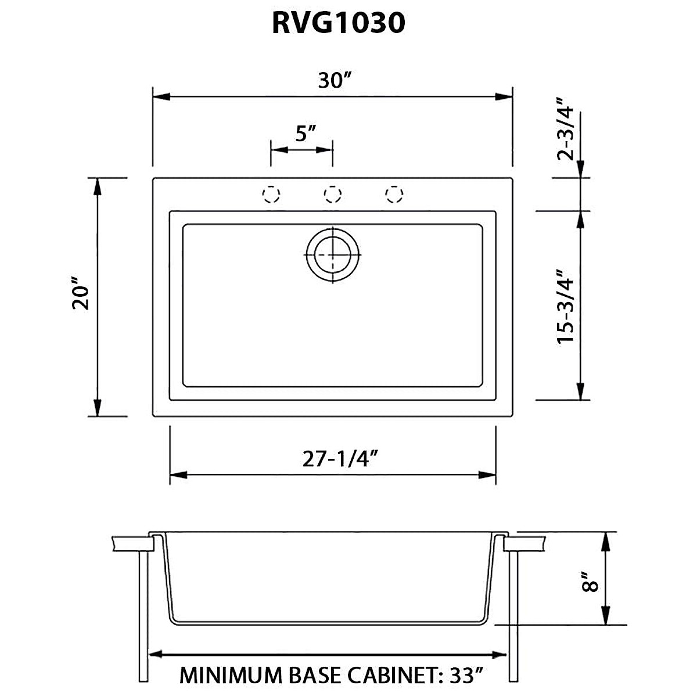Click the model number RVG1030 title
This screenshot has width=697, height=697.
(x=338, y=23)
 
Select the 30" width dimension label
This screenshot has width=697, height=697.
(x=333, y=81)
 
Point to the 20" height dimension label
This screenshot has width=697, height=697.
(x=80, y=297)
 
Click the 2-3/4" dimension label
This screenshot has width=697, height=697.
(x=565, y=132)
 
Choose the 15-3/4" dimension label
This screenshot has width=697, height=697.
(x=565, y=306)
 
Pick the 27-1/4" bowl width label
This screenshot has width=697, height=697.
(x=341, y=459)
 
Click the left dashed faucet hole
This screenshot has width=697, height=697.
(x=271, y=195)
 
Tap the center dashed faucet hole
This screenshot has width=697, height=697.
(x=332, y=195)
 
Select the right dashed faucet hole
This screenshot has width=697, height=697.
(x=394, y=195)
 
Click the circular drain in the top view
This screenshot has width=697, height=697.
(x=333, y=255)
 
